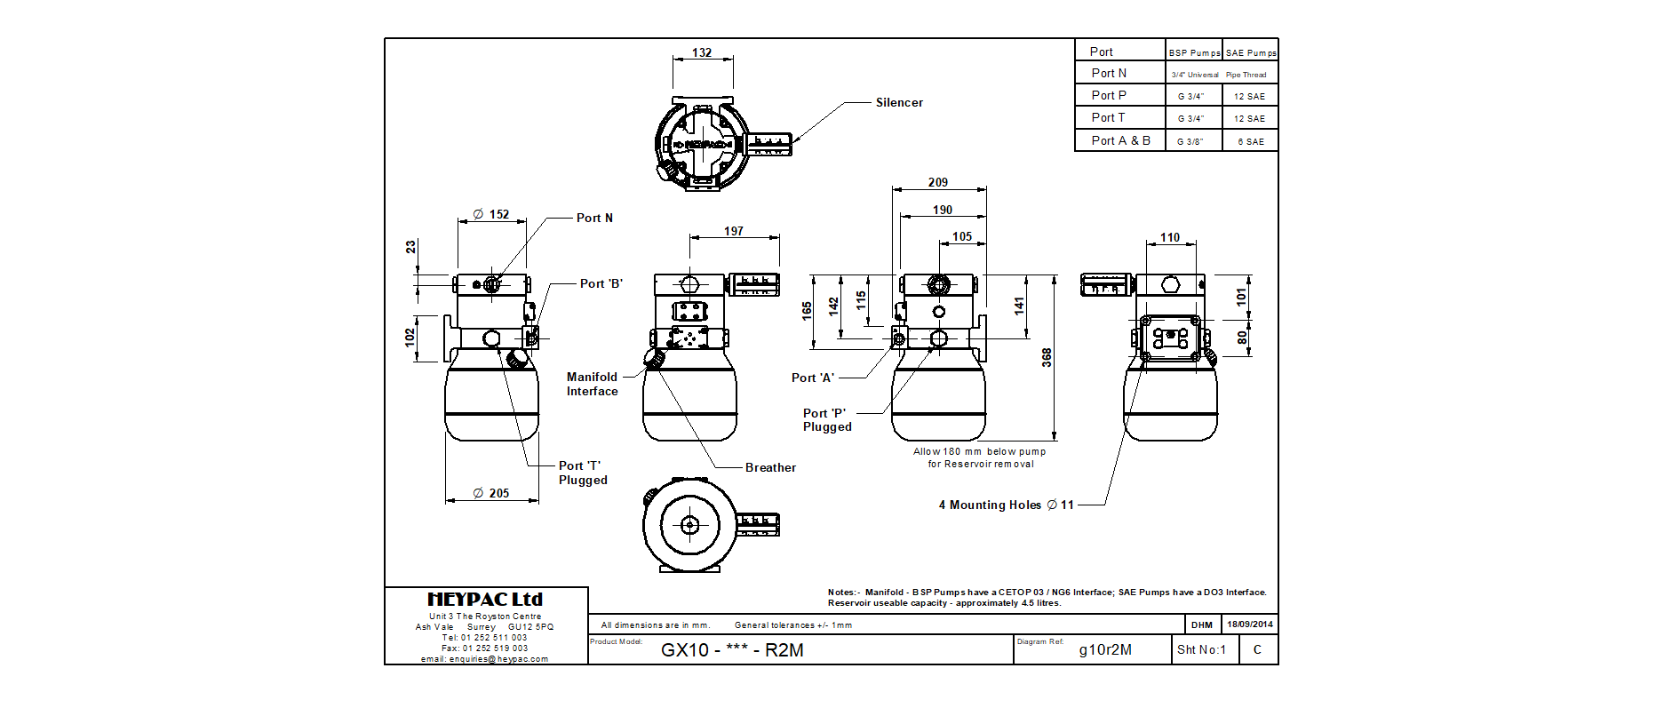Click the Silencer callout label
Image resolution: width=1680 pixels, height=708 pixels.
pyautogui.click(x=899, y=103)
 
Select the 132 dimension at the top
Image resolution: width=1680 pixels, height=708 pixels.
pyautogui.click(x=702, y=53)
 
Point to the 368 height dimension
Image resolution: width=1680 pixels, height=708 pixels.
pyautogui.click(x=1047, y=357)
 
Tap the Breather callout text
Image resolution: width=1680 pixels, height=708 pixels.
pyautogui.click(x=770, y=468)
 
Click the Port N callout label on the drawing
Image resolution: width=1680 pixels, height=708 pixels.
pyautogui.click(x=594, y=219)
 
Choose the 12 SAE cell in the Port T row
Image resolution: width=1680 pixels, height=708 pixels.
pyautogui.click(x=1249, y=119)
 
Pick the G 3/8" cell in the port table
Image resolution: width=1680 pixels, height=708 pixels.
pyautogui.click(x=1190, y=141)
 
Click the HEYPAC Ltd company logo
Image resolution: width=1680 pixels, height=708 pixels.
pyautogui.click(x=485, y=600)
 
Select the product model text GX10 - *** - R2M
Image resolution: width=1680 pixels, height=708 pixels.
pyautogui.click(x=732, y=650)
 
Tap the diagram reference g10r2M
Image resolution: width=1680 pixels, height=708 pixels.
pyautogui.click(x=1105, y=650)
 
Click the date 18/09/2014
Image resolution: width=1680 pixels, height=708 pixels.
pyautogui.click(x=1250, y=624)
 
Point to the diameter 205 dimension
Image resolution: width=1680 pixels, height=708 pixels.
pyautogui.click(x=491, y=494)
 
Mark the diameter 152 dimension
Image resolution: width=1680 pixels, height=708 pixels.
pyautogui.click(x=491, y=215)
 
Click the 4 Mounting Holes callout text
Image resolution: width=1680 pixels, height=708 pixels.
pyautogui.click(x=1007, y=505)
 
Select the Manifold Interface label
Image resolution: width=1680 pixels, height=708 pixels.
pyautogui.click(x=593, y=385)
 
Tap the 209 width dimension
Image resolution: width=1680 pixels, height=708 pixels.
pyautogui.click(x=938, y=183)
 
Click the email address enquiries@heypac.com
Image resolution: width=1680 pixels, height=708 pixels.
pyautogui.click(x=484, y=659)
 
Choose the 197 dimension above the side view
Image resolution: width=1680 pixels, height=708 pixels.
pyautogui.click(x=734, y=232)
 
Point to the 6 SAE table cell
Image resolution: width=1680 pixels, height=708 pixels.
pyautogui.click(x=1251, y=142)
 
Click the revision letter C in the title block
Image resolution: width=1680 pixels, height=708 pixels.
pyautogui.click(x=1257, y=650)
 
